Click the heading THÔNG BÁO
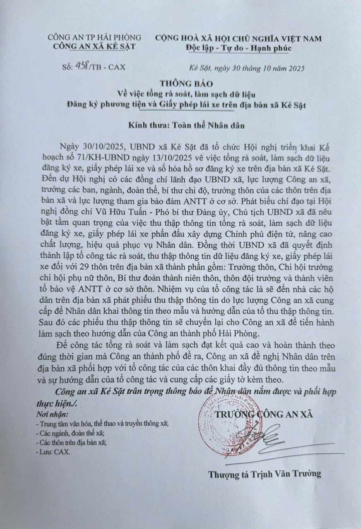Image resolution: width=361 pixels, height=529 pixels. [x=180, y=84]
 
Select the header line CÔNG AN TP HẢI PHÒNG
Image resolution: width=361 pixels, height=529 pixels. [x=94, y=38]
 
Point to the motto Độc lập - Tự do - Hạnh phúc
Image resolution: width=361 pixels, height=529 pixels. [x=238, y=48]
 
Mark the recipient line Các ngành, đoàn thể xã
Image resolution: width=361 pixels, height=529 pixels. [x=70, y=434]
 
